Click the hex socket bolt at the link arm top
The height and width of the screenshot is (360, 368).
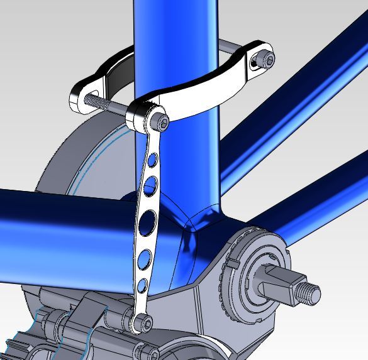tap(162, 121)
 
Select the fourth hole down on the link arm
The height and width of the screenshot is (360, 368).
tap(145, 258)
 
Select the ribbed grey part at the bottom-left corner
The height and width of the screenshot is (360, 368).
tap(25, 346)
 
